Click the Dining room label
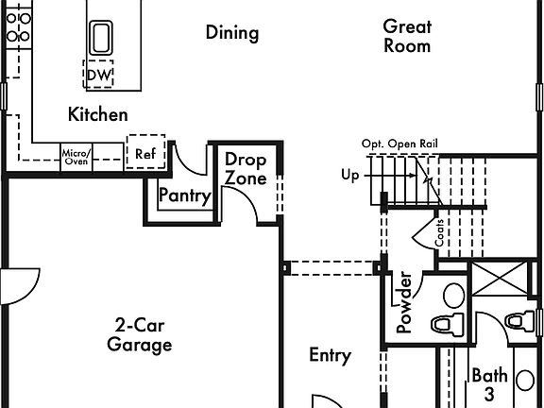232,33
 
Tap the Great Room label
407,37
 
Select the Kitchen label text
98,114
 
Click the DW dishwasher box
98,74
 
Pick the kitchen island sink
101,38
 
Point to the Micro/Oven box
76,157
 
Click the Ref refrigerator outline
145,152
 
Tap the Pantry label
185,195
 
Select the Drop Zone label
246,169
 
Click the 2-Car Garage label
140,335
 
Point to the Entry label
330,356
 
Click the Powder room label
404,302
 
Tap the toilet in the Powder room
448,324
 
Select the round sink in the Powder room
453,295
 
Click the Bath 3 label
489,384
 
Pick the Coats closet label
439,233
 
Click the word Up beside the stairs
349,176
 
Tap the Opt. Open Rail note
399,144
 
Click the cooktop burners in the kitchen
19,27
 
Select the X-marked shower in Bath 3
501,279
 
